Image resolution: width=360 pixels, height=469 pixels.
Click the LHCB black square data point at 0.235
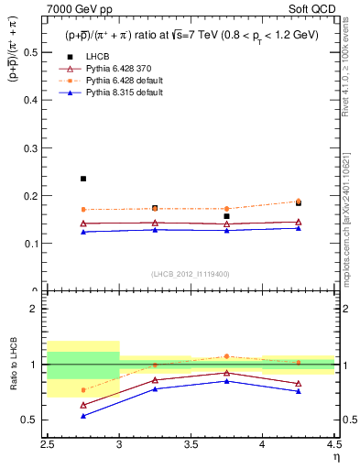(83, 179)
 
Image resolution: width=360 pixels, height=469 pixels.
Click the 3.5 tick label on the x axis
(191, 445)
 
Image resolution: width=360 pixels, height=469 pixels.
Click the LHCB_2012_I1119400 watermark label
(191, 274)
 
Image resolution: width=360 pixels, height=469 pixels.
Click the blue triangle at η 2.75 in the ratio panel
(83, 416)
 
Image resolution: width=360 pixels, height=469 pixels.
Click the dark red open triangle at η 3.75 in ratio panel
(226, 373)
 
